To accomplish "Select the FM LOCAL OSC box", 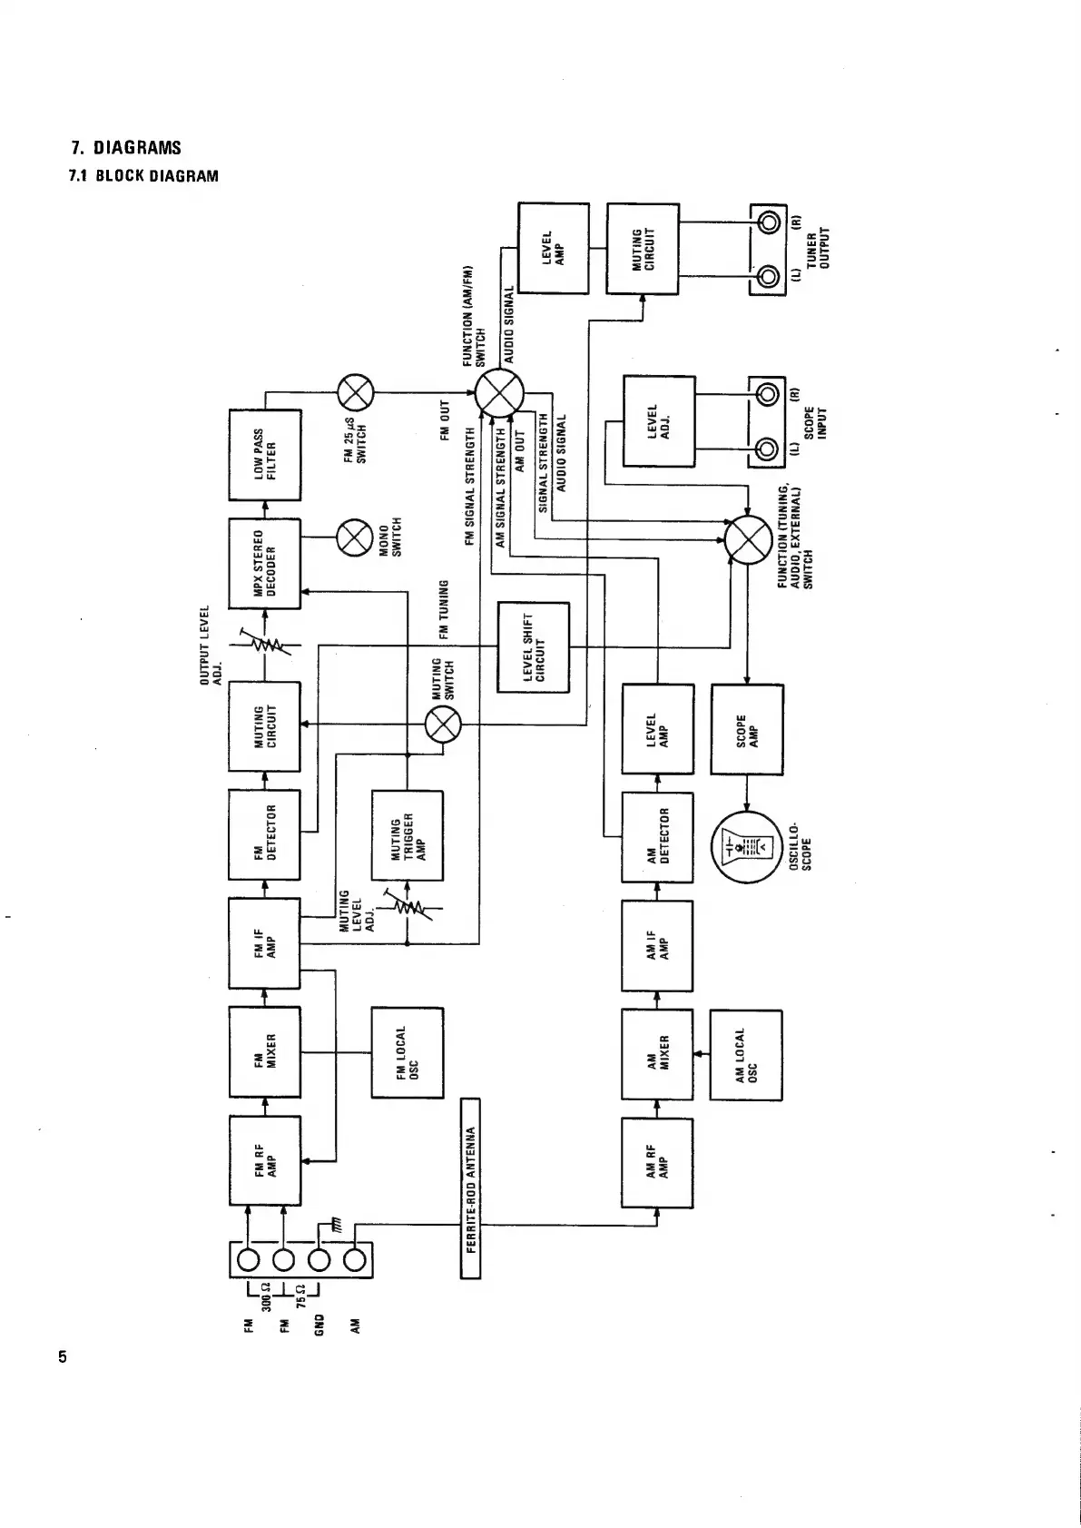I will [x=408, y=1052].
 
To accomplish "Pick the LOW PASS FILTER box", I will [x=264, y=454].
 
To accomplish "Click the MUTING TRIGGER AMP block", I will [x=408, y=836].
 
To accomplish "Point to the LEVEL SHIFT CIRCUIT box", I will [x=534, y=647].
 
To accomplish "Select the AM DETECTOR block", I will [x=657, y=836].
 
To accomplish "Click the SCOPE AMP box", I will [x=746, y=729].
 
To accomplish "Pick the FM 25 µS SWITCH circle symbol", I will [x=355, y=393].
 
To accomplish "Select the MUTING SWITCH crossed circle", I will [x=444, y=724].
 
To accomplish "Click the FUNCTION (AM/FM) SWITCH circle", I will [x=498, y=393].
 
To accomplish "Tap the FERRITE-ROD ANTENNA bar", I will [x=470, y=1188].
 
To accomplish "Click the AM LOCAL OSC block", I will [x=746, y=1055].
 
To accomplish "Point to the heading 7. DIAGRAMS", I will [x=126, y=148].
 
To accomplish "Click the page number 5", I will [x=63, y=1358].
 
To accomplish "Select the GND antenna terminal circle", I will [x=319, y=1260].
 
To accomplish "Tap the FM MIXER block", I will [x=264, y=1052].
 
